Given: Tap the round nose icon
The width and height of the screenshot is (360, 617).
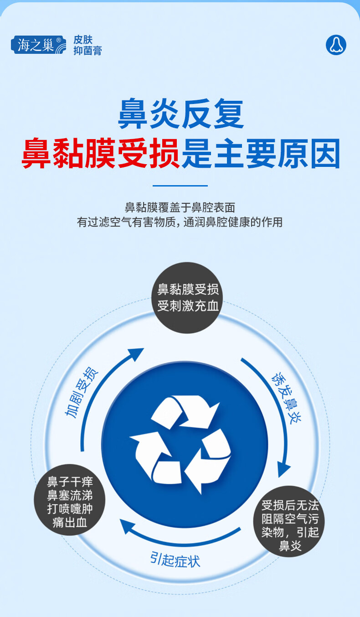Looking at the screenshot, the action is click(336, 45).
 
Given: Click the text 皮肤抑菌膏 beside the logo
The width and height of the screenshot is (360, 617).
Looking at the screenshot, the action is click(87, 45).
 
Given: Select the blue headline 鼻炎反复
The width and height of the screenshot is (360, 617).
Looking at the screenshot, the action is click(181, 114).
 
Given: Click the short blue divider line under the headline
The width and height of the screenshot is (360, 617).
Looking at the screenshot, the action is click(180, 186).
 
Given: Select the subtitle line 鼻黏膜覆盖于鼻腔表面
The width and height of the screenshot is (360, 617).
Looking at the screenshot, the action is click(180, 207).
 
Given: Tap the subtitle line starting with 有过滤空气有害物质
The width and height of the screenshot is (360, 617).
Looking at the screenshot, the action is click(180, 222).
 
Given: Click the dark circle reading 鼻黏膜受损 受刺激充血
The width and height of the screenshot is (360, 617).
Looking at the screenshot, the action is click(187, 297).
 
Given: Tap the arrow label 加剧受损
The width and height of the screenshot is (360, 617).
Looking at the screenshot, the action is click(81, 392).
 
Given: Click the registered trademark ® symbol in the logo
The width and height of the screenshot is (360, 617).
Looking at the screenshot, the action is click(58, 40).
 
